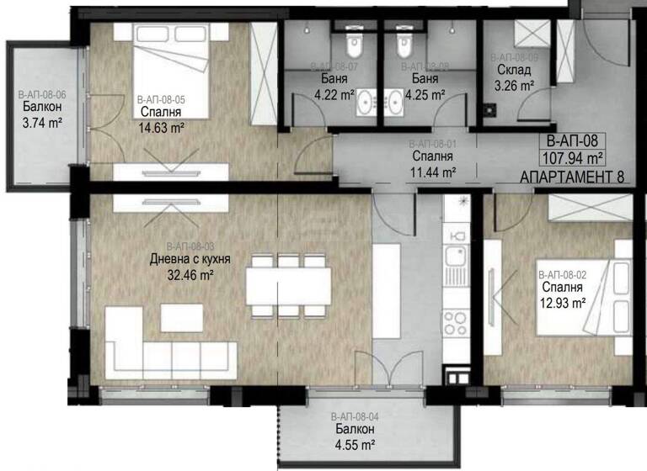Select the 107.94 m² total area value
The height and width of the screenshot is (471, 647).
[573, 157]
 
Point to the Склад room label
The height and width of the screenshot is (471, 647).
[514, 70]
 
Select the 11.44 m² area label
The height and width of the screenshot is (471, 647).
[434, 172]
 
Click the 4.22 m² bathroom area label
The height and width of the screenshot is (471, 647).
[334, 94]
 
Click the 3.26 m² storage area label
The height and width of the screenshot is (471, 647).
[514, 84]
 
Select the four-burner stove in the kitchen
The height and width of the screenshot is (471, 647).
[456, 321]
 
